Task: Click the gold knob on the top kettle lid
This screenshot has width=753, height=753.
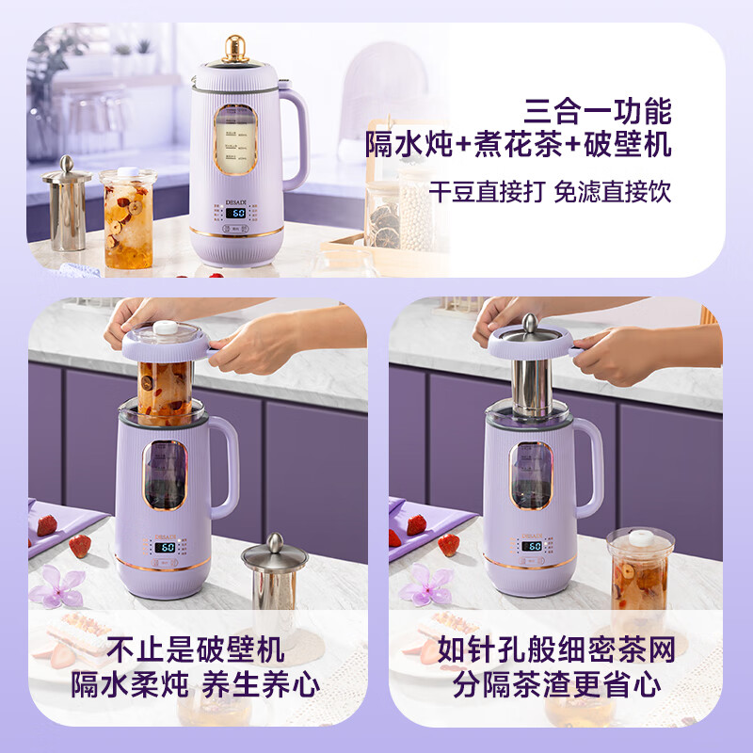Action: (236, 48)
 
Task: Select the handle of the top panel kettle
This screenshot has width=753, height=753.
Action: (293, 137)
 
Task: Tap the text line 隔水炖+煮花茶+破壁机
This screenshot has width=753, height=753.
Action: (519, 146)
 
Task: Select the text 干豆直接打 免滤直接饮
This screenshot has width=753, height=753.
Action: (551, 192)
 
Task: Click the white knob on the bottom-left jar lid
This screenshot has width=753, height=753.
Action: (166, 328)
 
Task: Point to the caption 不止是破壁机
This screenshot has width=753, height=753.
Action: (195, 649)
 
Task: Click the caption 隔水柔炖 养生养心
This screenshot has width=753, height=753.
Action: (195, 685)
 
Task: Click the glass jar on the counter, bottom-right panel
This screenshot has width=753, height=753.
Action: (640, 569)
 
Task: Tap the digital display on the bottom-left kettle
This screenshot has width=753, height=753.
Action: (166, 547)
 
